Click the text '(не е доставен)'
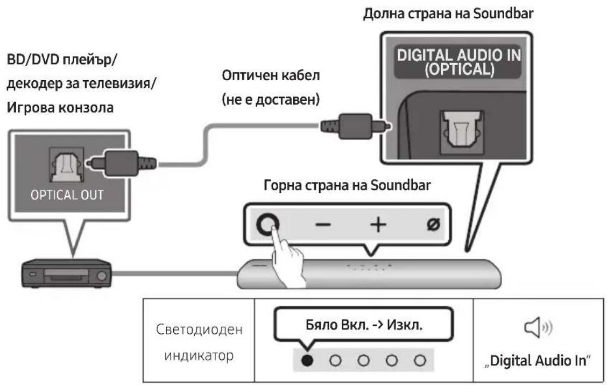[x=268, y=101]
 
